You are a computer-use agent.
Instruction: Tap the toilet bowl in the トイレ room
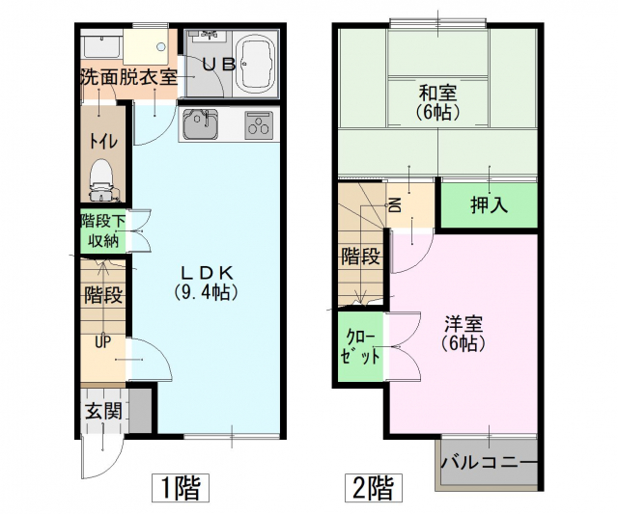tap(101, 179)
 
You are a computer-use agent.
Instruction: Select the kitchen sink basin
tap(200, 124)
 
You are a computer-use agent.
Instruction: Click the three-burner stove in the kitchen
tap(259, 124)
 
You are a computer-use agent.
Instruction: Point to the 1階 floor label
tap(181, 488)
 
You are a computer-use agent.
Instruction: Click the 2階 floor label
tap(374, 488)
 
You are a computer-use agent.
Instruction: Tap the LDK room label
tap(207, 272)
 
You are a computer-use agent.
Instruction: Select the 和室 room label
tap(437, 94)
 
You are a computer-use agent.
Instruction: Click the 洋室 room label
tap(463, 325)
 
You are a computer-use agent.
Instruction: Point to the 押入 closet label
tap(489, 204)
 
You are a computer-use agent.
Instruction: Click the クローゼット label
tap(360, 346)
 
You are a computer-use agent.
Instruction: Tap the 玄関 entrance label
tap(103, 412)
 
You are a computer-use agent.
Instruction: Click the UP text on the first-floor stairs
tap(102, 342)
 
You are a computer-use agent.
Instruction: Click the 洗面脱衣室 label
tap(128, 77)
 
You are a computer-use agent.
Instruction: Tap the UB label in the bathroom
tap(219, 65)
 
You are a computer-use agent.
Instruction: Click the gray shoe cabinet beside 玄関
tap(140, 411)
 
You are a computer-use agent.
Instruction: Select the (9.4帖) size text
tap(207, 292)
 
